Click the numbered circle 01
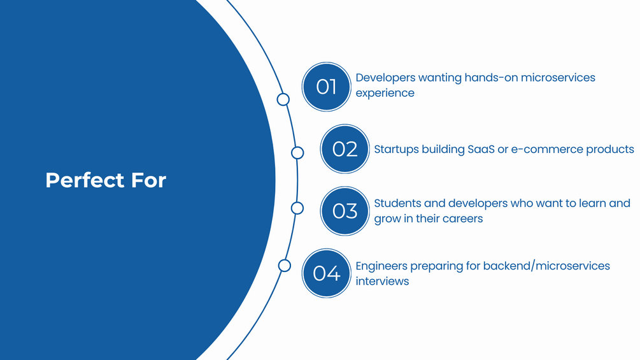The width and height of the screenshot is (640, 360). (x=326, y=87)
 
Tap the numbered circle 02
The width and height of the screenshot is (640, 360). (x=345, y=149)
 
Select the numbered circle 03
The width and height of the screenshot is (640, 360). (x=345, y=211)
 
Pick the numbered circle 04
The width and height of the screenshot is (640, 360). (x=326, y=273)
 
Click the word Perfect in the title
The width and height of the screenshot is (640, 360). (x=85, y=180)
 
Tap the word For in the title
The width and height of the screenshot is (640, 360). (x=148, y=180)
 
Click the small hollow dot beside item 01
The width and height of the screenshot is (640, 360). (x=283, y=99)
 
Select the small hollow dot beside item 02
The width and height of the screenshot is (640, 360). (x=297, y=153)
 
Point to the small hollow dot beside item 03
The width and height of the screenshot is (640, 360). (x=297, y=208)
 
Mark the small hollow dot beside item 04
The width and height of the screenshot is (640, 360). (x=285, y=266)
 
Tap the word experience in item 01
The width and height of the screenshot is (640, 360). (x=385, y=94)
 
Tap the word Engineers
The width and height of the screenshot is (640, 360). (x=381, y=266)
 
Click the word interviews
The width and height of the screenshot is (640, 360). (x=382, y=281)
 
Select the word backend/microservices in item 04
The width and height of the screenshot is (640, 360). (x=546, y=266)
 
